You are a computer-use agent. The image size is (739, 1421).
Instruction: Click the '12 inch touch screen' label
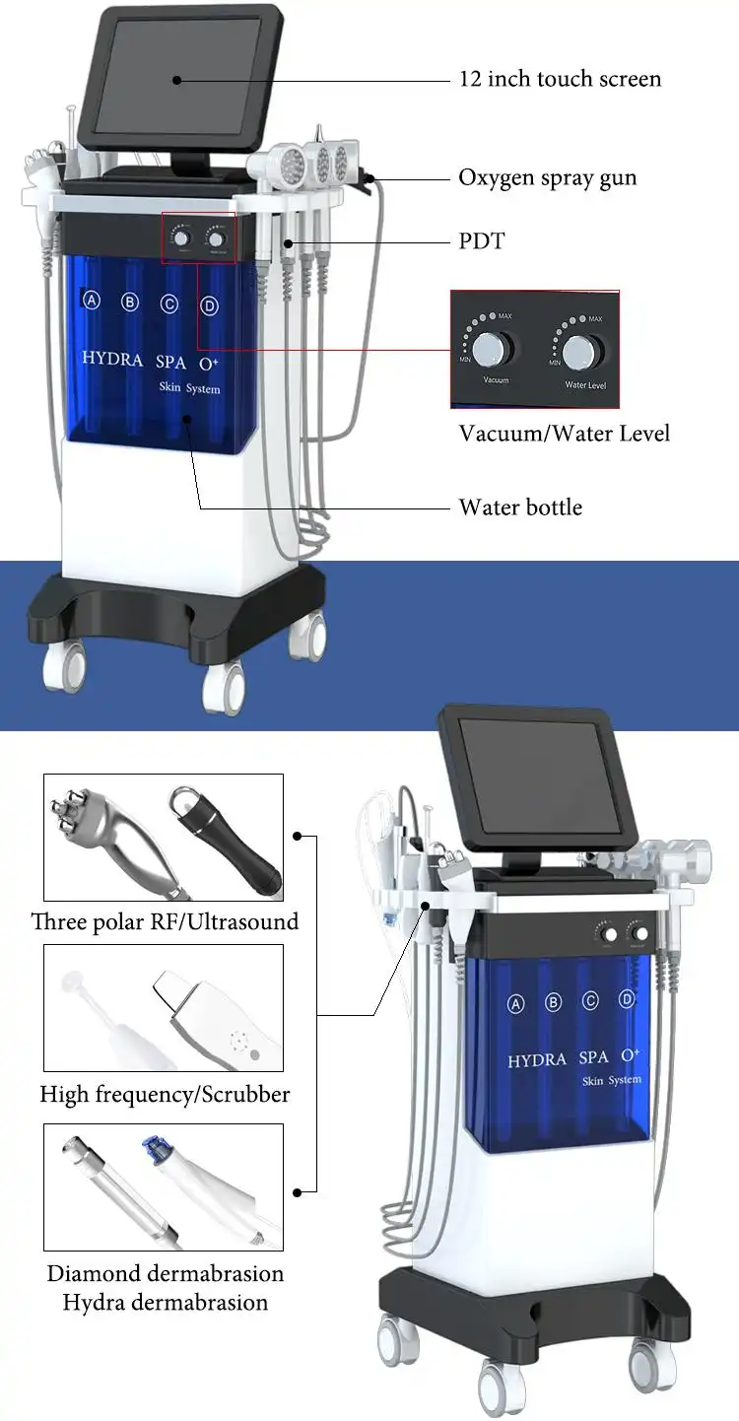pyautogui.click(x=560, y=79)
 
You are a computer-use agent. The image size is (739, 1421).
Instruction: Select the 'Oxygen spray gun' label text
pyautogui.click(x=548, y=178)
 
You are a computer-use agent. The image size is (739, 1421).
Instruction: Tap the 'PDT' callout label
pyautogui.click(x=481, y=240)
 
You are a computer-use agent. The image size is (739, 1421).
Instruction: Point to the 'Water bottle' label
pyautogui.click(x=520, y=507)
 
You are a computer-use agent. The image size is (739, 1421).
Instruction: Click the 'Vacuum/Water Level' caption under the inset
pyautogui.click(x=564, y=434)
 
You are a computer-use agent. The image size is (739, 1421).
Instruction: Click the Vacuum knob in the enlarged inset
pyautogui.click(x=491, y=348)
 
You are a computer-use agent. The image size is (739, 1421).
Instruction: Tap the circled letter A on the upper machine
pyautogui.click(x=92, y=301)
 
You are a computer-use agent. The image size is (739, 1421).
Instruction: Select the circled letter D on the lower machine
pyautogui.click(x=627, y=999)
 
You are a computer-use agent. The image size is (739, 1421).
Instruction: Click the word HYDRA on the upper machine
pyautogui.click(x=112, y=358)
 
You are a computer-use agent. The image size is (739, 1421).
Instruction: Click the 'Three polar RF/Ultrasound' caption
pyautogui.click(x=165, y=922)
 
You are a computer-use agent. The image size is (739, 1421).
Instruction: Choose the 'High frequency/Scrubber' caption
pyautogui.click(x=165, y=1094)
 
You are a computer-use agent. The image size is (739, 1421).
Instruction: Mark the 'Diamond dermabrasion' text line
pyautogui.click(x=165, y=1273)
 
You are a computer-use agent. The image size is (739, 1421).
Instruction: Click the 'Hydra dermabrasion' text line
pyautogui.click(x=165, y=1302)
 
